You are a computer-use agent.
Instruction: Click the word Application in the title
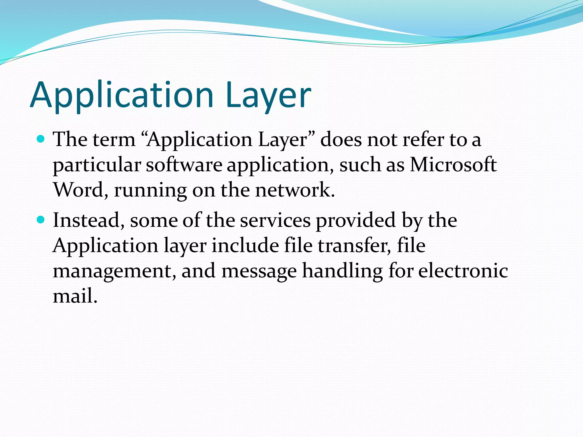pyautogui.click(x=122, y=95)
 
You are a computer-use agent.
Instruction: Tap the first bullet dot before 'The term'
pyautogui.click(x=41, y=139)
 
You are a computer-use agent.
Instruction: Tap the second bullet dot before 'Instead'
pyautogui.click(x=41, y=220)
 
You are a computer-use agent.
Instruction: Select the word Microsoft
pyautogui.click(x=453, y=165)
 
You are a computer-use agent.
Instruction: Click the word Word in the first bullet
pyautogui.click(x=78, y=190)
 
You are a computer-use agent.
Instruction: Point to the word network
pyautogui.click(x=295, y=190)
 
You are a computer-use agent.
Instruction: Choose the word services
pyautogui.click(x=275, y=220)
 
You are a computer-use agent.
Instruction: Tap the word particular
pyautogui.click(x=97, y=165)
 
